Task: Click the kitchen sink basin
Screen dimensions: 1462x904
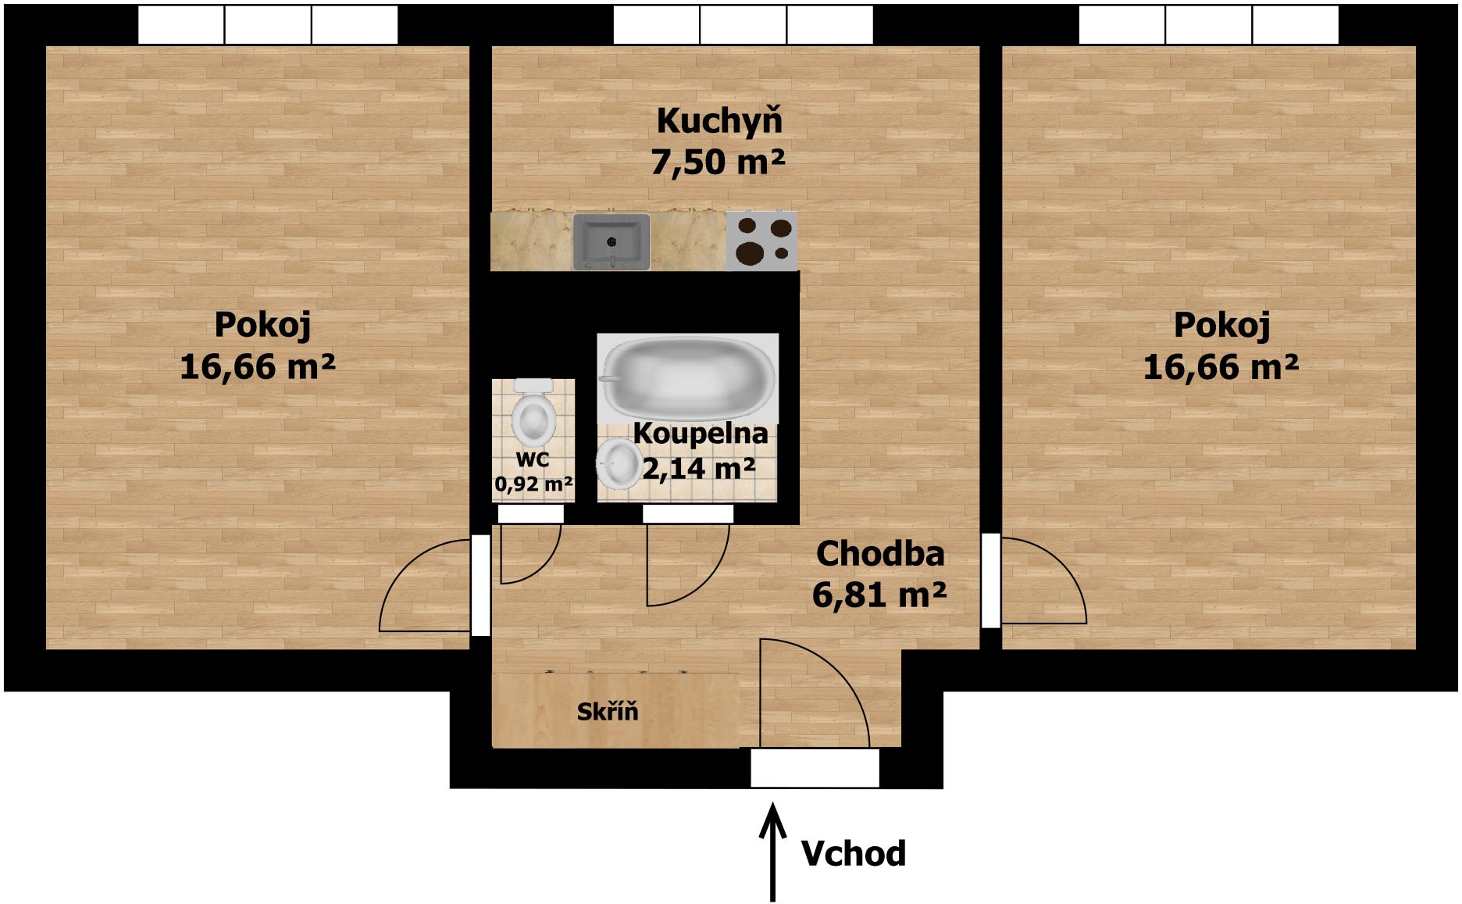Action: click(612, 241)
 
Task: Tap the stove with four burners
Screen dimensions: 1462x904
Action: click(762, 241)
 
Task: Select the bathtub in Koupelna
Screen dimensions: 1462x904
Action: click(687, 377)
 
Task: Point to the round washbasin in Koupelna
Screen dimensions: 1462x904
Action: click(617, 464)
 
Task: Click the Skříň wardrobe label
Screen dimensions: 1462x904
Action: click(608, 711)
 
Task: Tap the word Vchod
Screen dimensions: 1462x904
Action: click(854, 853)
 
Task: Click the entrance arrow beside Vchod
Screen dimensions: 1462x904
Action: click(773, 852)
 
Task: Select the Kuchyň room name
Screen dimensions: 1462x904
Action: click(719, 121)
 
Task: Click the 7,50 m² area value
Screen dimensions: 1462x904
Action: click(718, 162)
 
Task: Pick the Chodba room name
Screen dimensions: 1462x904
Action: click(880, 554)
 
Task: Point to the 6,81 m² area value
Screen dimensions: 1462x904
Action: click(879, 595)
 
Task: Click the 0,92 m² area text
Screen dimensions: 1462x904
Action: click(533, 484)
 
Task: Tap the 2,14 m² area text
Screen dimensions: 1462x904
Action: click(699, 469)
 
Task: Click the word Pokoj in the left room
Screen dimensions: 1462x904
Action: click(262, 325)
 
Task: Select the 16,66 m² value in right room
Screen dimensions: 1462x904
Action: click(1221, 366)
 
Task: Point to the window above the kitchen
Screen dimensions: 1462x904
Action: click(743, 25)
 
